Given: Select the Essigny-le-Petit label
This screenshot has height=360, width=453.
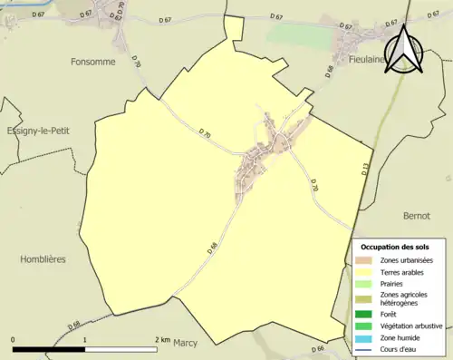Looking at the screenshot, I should pos(38,131).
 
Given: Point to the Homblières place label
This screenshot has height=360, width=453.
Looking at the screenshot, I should pos(43,258).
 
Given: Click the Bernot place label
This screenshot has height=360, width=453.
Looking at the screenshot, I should pos(417,216).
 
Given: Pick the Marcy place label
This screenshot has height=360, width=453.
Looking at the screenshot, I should pos(185,342).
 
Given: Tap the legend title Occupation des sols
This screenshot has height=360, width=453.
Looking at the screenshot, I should pos(395,247).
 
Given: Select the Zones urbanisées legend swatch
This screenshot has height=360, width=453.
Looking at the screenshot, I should pos(362,260).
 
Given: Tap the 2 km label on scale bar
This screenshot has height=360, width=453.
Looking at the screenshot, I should pos(162,339).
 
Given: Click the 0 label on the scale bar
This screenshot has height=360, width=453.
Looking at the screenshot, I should pos(13,339).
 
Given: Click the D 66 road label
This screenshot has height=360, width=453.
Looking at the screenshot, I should pos(317,348).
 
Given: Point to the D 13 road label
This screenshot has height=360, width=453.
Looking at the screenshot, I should pos(367,169).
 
